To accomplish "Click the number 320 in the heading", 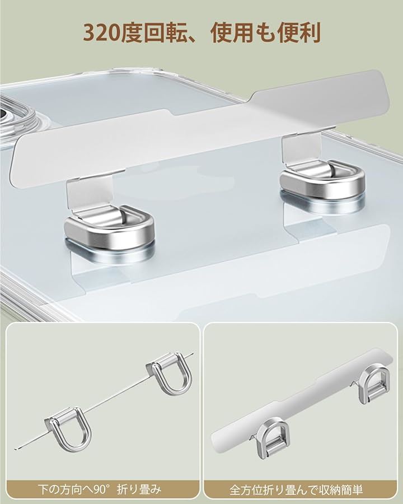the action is click(101, 33).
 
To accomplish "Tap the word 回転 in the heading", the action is click(165, 33).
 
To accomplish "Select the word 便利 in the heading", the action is click(299, 33).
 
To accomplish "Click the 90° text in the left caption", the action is click(99, 489).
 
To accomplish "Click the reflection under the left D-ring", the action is click(109, 251).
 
